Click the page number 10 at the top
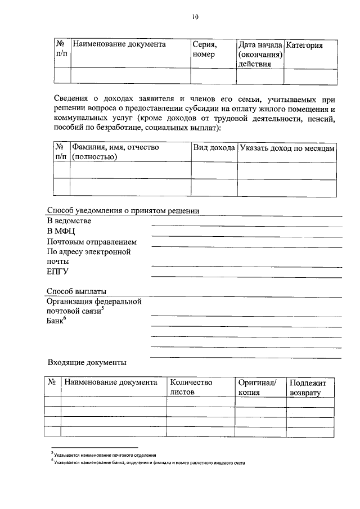[195, 17]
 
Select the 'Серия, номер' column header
[204, 49]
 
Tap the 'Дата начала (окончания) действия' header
[259, 54]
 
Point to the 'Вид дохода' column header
[214, 147]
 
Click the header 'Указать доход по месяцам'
[287, 147]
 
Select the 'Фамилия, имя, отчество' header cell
[115, 152]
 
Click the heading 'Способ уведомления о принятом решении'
[123, 211]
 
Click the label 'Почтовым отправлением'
[92, 242]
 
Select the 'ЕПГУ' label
[57, 272]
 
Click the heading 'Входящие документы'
[87, 362]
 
